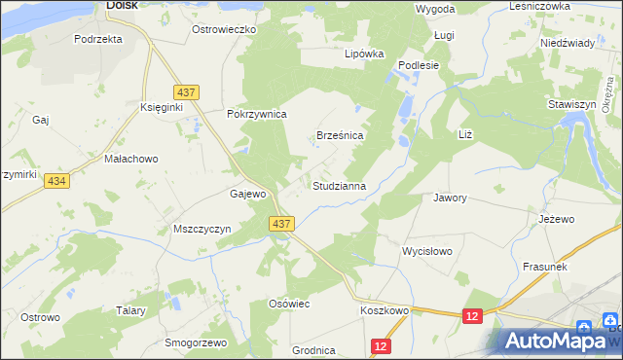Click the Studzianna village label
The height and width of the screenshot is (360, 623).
(x=339, y=185)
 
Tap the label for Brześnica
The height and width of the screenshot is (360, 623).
(x=340, y=136)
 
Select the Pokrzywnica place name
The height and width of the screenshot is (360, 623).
(x=256, y=114)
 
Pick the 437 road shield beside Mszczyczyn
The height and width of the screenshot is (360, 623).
(x=281, y=224)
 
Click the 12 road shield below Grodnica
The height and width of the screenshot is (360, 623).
(x=381, y=346)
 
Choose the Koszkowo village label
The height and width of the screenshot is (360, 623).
(x=384, y=309)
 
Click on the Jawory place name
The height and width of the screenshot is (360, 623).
(x=450, y=198)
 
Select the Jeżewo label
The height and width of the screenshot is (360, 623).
(x=554, y=219)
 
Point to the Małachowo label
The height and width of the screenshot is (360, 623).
(x=131, y=158)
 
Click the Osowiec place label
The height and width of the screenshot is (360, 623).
(x=288, y=304)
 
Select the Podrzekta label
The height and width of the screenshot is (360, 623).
(x=98, y=39)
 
